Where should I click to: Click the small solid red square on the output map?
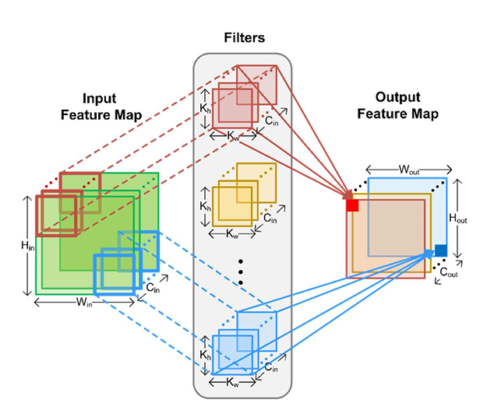point(352,205)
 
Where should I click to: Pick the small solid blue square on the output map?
point(441,250)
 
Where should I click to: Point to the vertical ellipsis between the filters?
point(242,270)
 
